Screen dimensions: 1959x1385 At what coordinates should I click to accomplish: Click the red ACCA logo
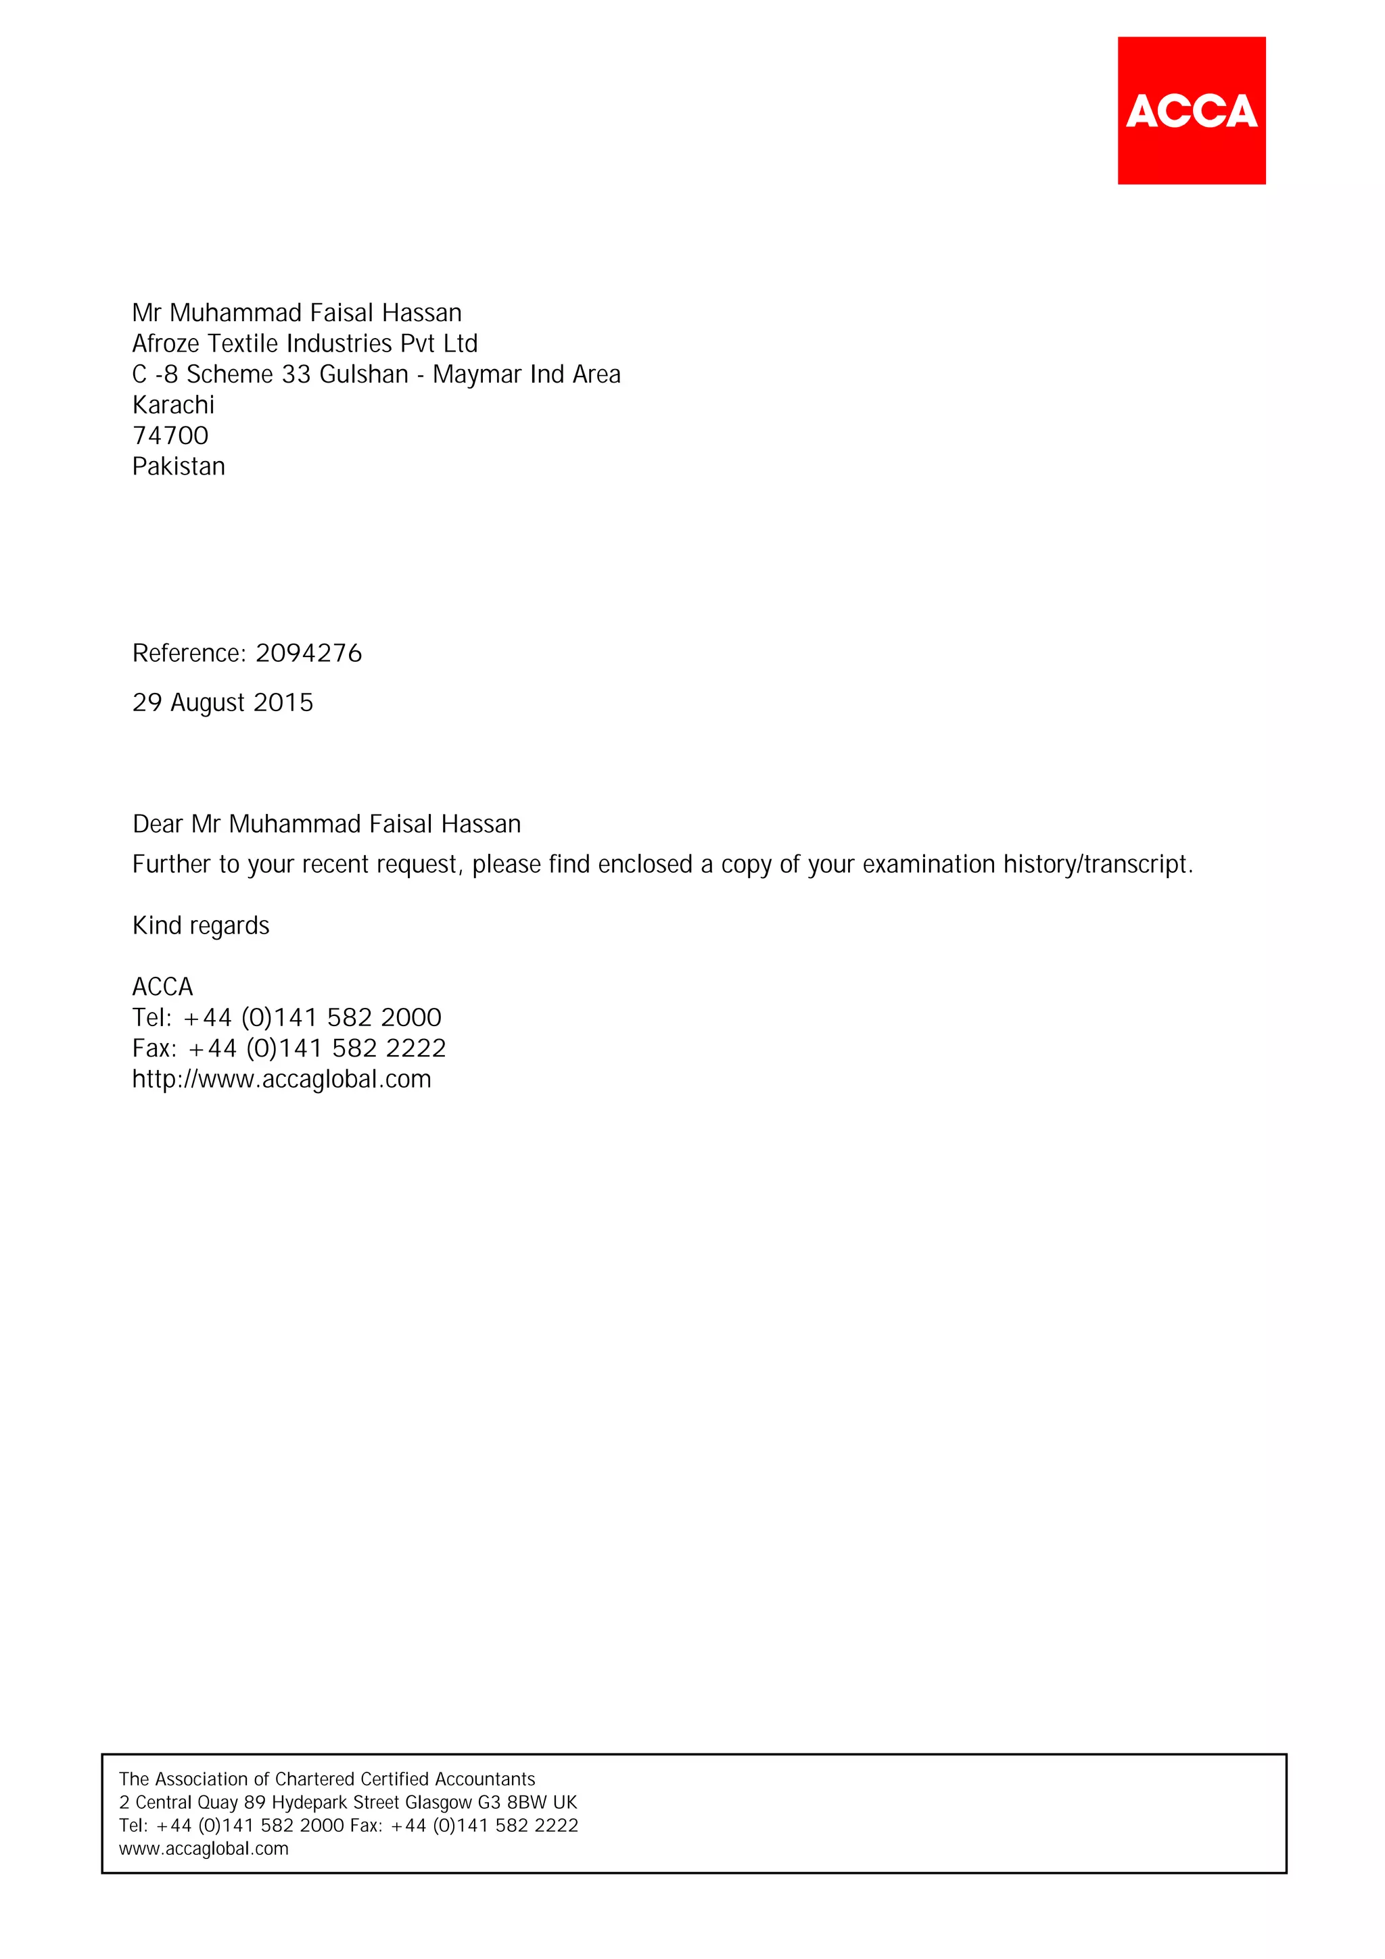[1192, 110]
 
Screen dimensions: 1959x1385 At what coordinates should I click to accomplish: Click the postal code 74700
[170, 436]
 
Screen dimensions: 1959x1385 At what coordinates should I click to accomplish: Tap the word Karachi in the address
[173, 406]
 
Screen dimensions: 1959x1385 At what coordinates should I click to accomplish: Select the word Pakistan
[179, 466]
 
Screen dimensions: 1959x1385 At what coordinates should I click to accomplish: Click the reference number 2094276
[308, 654]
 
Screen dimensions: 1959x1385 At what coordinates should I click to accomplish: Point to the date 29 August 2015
[222, 703]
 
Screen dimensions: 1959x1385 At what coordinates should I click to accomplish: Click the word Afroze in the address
[166, 344]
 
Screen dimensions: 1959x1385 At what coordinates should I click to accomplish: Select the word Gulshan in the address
[364, 374]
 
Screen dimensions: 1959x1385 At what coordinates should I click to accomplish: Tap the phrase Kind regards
[201, 925]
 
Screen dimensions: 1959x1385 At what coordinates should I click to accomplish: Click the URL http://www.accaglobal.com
[281, 1080]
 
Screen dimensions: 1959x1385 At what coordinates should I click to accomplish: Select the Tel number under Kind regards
[312, 1018]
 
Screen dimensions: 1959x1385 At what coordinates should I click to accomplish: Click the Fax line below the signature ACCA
[289, 1048]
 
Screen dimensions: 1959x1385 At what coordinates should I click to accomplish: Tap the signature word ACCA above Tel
[162, 987]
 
